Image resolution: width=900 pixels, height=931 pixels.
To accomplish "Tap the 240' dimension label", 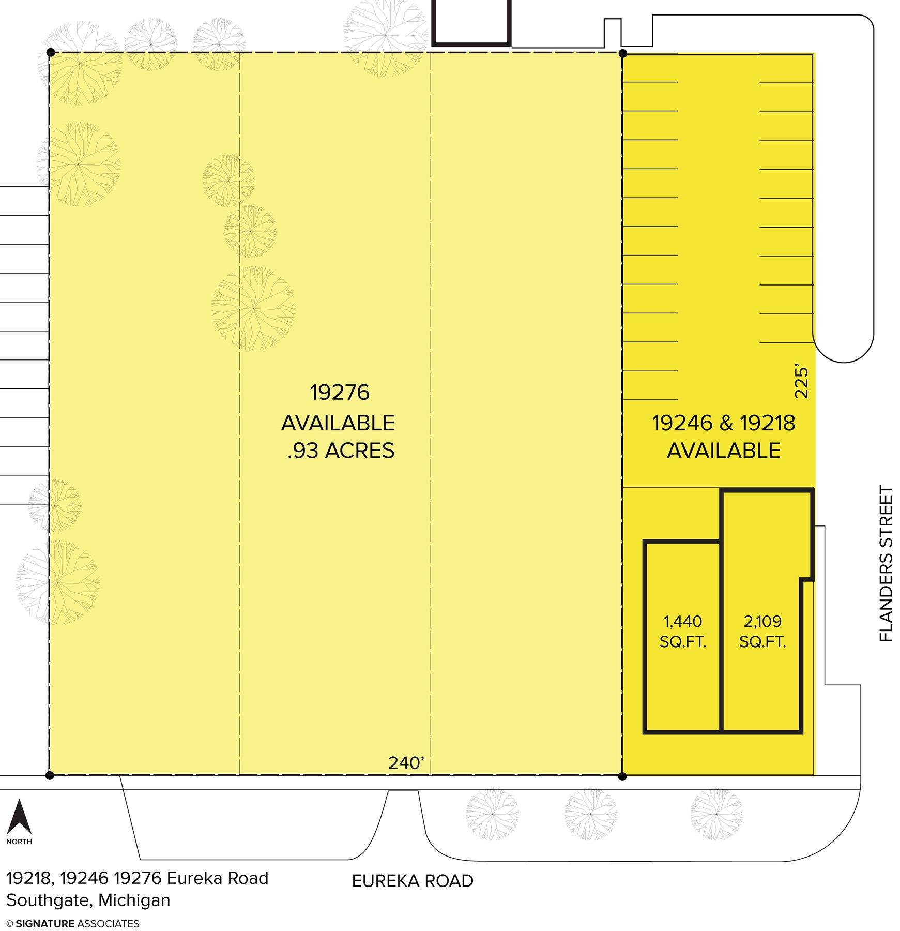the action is (407, 763).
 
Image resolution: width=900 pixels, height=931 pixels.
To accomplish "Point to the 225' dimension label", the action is (801, 382).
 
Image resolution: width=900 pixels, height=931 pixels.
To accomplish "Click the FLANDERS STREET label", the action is (886, 564).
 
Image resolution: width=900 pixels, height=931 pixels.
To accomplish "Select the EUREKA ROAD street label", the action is (413, 880).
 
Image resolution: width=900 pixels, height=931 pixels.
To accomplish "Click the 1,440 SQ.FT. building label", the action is (683, 632).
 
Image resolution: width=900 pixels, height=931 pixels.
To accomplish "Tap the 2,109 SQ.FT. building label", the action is (762, 632).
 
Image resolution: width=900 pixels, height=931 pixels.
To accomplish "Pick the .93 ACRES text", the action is (341, 451).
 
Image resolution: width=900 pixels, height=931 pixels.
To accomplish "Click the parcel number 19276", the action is (340, 393).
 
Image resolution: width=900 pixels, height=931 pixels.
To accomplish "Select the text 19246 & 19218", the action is (723, 423).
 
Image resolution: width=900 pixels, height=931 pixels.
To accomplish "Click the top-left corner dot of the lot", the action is (50, 52).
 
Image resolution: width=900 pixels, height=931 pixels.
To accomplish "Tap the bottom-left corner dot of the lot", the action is (50, 775).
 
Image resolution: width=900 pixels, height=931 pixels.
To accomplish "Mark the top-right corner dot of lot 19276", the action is (623, 53).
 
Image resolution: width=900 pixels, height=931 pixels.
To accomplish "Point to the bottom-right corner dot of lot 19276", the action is (622, 776).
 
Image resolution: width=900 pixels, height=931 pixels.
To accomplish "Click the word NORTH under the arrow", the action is (19, 842).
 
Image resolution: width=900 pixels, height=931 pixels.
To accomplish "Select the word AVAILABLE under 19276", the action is (338, 423).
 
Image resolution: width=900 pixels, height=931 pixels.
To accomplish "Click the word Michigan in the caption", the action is (134, 900).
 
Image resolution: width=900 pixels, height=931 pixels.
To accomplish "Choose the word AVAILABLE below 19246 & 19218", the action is (723, 451).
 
